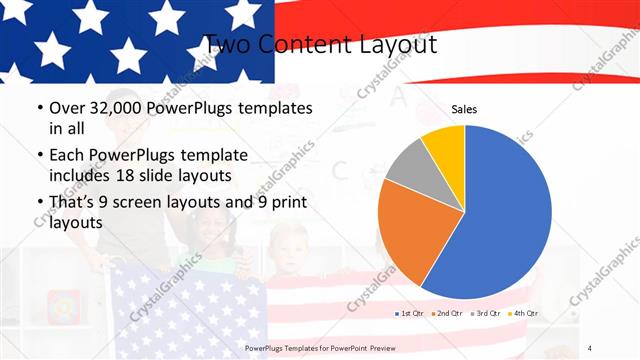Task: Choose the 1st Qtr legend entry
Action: [408, 313]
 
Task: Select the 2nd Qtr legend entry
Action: [447, 313]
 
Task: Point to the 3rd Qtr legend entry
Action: [486, 313]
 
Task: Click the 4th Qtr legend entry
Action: [525, 313]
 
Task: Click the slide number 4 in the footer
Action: [591, 347]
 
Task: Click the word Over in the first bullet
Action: [69, 108]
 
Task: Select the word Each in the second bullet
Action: [69, 155]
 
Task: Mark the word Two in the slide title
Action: [226, 44]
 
